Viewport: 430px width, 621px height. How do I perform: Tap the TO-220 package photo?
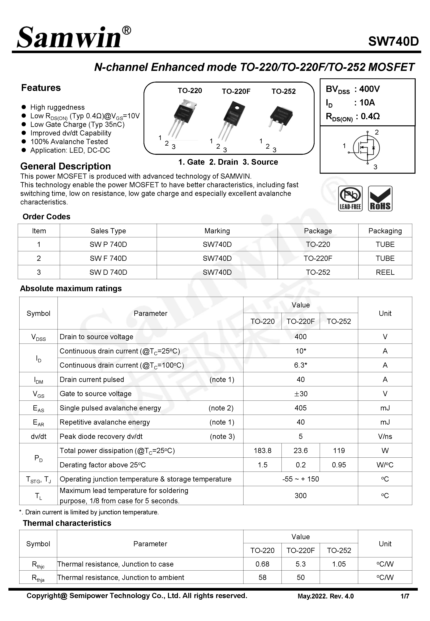click(182, 117)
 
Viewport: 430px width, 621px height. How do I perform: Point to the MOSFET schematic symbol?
click(366, 148)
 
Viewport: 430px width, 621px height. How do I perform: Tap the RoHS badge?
click(380, 199)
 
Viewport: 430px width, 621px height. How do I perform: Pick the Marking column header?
click(217, 231)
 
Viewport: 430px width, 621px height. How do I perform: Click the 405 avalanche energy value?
click(300, 408)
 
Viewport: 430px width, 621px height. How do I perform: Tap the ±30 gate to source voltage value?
click(300, 394)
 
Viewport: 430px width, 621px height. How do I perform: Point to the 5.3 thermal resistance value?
click(300, 564)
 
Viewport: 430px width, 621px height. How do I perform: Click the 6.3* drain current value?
click(300, 365)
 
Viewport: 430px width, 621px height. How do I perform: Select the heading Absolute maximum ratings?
click(71, 288)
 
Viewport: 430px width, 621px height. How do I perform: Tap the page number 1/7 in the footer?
click(405, 596)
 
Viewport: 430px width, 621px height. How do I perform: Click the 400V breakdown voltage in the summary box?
click(369, 89)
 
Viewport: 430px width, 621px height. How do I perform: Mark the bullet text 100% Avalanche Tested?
click(69, 142)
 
